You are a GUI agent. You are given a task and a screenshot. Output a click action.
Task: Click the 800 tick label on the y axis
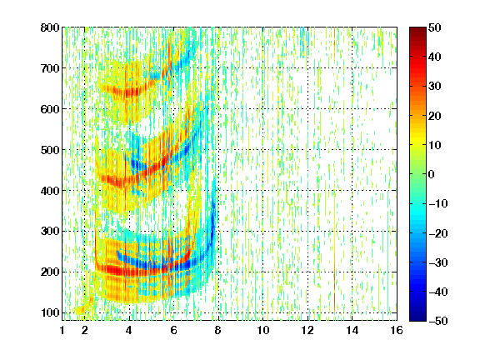point(50,27)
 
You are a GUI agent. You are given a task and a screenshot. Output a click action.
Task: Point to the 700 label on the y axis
point(50,68)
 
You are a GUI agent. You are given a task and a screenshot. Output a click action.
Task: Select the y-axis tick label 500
point(50,150)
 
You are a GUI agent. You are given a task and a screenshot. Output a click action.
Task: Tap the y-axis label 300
point(50,232)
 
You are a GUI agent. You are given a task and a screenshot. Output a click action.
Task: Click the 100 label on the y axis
point(50,312)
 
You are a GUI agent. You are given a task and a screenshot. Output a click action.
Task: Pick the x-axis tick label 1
point(62,330)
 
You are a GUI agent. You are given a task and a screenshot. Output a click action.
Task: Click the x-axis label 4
point(129,330)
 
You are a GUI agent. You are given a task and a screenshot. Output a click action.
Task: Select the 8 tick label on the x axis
point(217,330)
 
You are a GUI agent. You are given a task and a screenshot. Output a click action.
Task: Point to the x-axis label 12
point(307,330)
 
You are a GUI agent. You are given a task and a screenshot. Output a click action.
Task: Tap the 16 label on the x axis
point(397,330)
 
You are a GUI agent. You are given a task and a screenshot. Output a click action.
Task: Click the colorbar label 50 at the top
point(435,27)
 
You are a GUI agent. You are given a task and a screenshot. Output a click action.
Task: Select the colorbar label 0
point(431,174)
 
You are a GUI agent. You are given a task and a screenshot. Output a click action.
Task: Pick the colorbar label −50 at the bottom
point(438,321)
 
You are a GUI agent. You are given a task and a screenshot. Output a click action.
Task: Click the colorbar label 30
point(435,87)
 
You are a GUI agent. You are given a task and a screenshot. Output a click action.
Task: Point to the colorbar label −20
point(438,233)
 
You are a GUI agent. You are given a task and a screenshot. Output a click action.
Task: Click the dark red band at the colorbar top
point(417,33)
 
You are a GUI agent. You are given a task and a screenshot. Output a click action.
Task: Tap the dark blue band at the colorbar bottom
point(417,314)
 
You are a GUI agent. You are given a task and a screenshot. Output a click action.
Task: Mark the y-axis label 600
point(50,109)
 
